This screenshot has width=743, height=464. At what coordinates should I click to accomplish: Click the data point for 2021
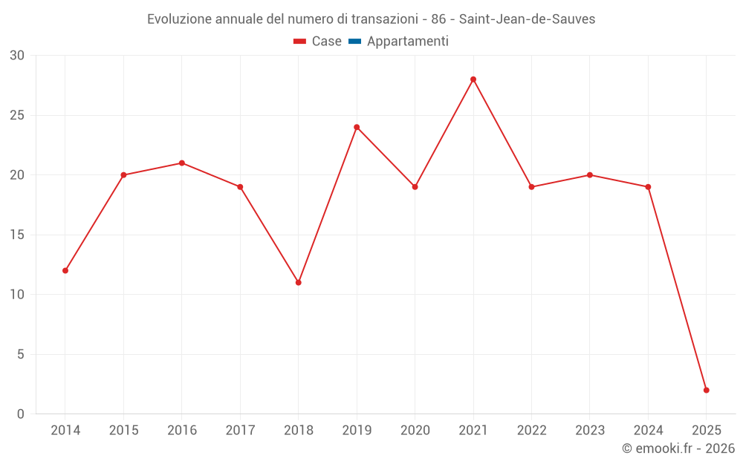click(473, 79)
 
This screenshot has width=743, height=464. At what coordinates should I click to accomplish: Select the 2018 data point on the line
click(298, 283)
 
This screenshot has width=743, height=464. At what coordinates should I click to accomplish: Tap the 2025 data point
click(706, 391)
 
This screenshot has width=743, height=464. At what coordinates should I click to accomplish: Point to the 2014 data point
click(65, 271)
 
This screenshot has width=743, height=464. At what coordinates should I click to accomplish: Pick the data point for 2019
click(357, 127)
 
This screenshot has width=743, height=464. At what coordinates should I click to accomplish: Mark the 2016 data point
click(182, 163)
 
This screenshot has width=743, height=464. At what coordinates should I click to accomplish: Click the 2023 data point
click(590, 175)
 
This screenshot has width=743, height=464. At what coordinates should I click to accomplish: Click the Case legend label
click(326, 42)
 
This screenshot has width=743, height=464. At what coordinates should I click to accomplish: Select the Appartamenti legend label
click(407, 42)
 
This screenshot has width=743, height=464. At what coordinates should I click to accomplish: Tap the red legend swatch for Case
click(300, 42)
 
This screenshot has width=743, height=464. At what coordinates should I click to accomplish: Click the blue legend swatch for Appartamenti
click(354, 42)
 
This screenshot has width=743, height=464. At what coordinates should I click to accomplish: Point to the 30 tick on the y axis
click(17, 56)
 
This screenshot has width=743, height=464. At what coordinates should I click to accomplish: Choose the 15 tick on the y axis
click(17, 235)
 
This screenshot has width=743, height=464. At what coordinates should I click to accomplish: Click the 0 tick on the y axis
click(21, 414)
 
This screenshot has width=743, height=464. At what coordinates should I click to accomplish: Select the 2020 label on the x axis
click(415, 431)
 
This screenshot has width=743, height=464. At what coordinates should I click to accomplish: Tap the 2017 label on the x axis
click(240, 431)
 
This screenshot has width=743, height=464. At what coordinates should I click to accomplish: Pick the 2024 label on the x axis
click(648, 431)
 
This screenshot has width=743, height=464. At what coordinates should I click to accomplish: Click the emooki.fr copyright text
click(678, 448)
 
